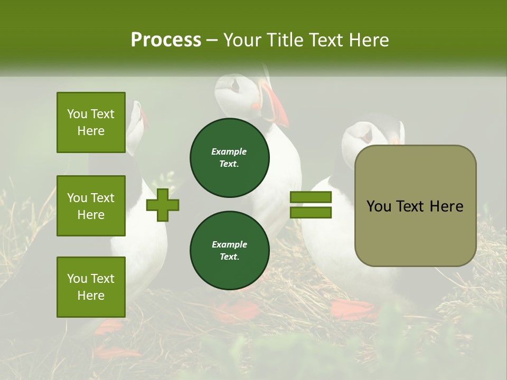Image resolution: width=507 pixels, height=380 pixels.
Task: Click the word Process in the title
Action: pos(166,40)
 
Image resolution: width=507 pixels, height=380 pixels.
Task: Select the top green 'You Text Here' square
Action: pos(91,122)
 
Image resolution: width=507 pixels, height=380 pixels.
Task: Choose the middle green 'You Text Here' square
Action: pos(91,206)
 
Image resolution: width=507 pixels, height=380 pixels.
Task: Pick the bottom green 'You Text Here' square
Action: pos(91,287)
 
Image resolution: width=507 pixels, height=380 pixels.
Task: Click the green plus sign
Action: pos(163,205)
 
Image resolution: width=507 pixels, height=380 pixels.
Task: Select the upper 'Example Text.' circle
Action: pos(229,158)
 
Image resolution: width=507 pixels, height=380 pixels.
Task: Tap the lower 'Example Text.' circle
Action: pos(229,251)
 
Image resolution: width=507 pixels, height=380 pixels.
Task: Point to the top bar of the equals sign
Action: pos(311,197)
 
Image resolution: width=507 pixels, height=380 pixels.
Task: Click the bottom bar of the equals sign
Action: pos(311,213)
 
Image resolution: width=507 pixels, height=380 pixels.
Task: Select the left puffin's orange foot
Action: pos(108,327)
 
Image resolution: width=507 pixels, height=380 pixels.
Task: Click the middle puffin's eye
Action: pos(236,84)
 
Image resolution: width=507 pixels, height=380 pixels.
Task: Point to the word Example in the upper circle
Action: pos(229,151)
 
